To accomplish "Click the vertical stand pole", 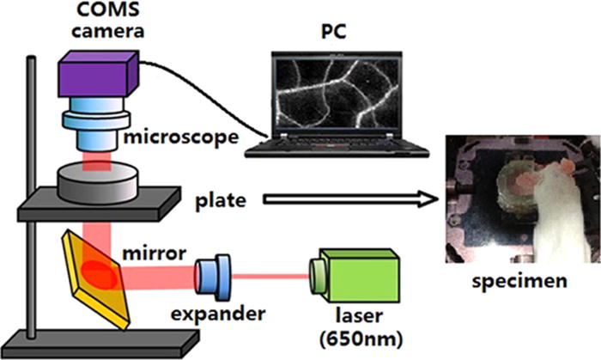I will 33,198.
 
